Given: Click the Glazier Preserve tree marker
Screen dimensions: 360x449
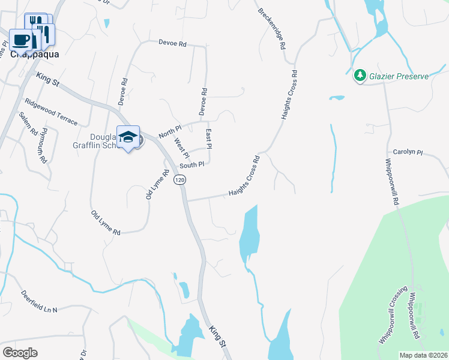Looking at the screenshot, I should (360, 76).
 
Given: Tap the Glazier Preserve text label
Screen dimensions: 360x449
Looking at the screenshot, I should (399, 76).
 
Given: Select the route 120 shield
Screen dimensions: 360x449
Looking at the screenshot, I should (179, 179).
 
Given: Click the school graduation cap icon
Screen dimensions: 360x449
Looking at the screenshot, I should (128, 136).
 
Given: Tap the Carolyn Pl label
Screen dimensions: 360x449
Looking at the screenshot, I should (408, 152).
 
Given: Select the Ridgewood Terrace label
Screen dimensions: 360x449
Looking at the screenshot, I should (50, 112).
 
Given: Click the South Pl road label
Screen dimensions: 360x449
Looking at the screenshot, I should (193, 164).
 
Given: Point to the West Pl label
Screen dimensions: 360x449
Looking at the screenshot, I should (181, 148).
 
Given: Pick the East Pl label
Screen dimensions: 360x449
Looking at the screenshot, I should (209, 137).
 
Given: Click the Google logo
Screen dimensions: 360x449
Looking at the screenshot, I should (20, 353).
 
